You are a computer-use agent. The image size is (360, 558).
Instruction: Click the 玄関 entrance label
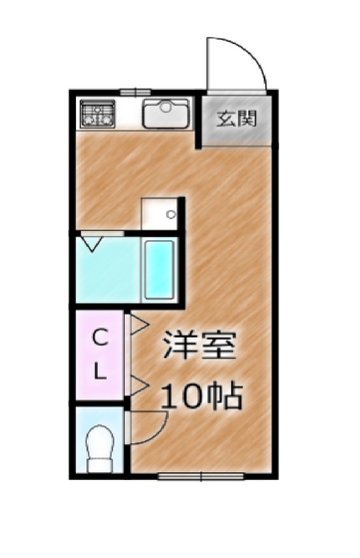tap(237, 119)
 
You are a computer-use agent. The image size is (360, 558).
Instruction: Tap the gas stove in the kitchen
tap(98, 114)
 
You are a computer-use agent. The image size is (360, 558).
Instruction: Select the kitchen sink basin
tap(165, 113)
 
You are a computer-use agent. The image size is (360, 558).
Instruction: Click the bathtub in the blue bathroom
tap(159, 270)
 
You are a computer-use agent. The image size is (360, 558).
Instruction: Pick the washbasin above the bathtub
tap(159, 214)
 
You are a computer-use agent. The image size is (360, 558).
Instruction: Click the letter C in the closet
tap(100, 338)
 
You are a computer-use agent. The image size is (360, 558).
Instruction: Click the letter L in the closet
tap(100, 370)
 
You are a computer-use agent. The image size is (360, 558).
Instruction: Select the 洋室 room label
tap(199, 345)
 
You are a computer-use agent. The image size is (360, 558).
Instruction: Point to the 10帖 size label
tap(202, 395)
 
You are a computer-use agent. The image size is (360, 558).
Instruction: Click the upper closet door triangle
tap(139, 324)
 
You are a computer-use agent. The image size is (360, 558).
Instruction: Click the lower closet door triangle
tap(139, 385)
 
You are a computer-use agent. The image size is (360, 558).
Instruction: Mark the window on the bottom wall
tap(201, 476)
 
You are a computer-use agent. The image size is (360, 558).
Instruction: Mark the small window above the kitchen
tap(135, 92)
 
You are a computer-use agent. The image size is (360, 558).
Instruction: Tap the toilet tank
tap(100, 465)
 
